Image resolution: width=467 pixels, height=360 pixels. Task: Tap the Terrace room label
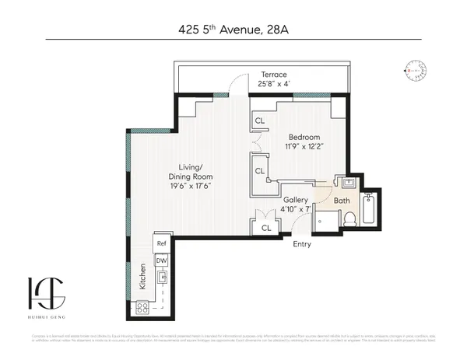274,75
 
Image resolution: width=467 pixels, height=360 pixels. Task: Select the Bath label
341,201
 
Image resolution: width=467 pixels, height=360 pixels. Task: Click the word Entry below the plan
302,244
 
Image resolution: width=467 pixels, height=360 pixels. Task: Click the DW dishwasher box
161,260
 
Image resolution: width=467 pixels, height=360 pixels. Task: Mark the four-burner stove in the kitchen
142,308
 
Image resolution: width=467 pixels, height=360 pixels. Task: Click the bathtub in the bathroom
370,208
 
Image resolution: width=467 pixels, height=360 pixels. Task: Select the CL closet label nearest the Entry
265,228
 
